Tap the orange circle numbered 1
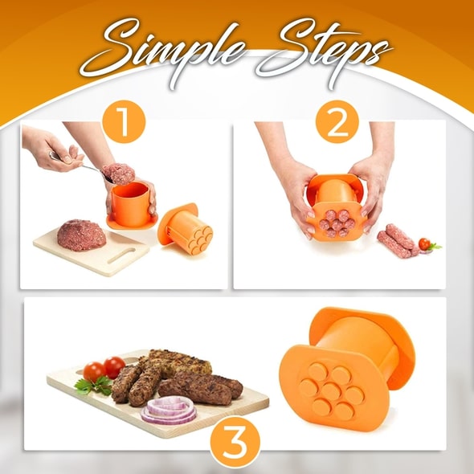click(x=124, y=124)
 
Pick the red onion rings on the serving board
click(x=170, y=413)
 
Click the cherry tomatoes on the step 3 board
click(x=104, y=370)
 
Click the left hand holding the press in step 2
click(x=298, y=193)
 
